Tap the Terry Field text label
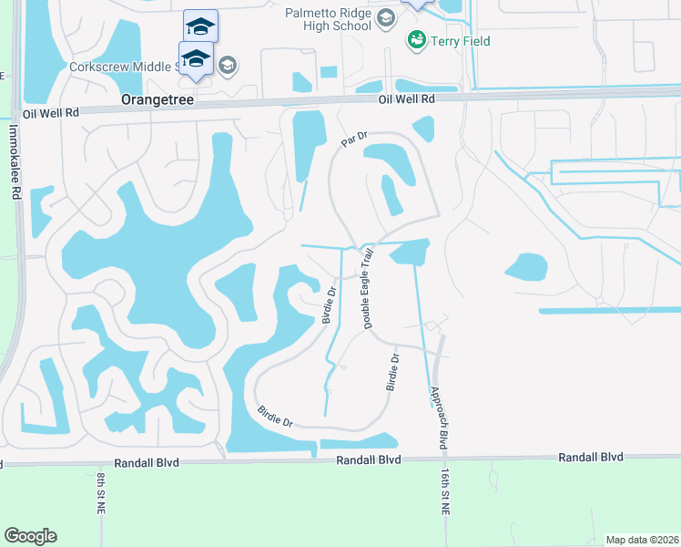coord(461,41)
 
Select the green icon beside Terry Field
coord(417,40)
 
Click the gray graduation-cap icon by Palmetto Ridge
coord(386,18)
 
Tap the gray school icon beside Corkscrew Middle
coord(227,65)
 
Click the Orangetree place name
coord(158,98)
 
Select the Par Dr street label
coord(353,139)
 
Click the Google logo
coord(30,536)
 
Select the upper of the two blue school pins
coord(200,25)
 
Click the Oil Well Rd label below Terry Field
coord(407,98)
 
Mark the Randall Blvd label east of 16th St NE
coord(591,457)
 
